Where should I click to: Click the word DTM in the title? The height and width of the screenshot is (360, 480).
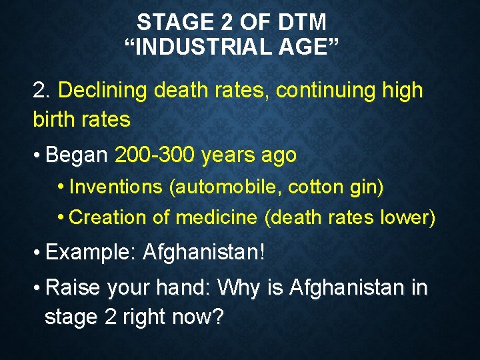(x=304, y=23)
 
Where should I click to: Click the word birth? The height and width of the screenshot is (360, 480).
(x=55, y=119)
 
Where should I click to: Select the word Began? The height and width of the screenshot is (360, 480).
(x=77, y=155)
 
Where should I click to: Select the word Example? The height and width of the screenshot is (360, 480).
(x=91, y=253)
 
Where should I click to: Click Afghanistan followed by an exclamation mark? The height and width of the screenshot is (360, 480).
(x=203, y=253)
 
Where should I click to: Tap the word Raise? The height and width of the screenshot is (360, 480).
(x=73, y=288)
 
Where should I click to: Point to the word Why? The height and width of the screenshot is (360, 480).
(x=240, y=288)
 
